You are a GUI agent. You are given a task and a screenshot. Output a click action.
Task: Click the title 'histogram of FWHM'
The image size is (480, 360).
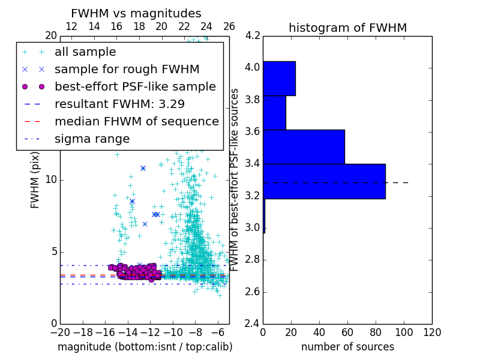coord(347,28)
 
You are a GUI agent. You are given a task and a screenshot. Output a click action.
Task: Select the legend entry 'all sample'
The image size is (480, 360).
coord(85,52)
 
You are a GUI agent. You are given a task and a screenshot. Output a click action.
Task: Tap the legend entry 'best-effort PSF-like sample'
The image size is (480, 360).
coord(135,86)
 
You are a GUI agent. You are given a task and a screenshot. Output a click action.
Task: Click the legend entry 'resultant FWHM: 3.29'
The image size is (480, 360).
coord(119,104)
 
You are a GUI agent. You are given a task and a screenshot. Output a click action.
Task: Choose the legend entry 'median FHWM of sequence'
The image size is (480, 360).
coord(136,121)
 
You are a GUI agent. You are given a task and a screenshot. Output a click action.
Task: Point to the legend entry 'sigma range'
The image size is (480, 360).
coord(92,139)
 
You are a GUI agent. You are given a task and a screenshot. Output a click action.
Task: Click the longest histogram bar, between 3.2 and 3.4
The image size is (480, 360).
coord(324,181)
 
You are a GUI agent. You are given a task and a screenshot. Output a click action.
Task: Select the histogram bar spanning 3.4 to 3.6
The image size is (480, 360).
coord(304,147)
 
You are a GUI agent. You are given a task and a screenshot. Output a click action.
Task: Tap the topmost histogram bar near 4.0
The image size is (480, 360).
coord(279,79)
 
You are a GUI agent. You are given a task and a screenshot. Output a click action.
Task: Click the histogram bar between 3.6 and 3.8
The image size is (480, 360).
coord(274,113)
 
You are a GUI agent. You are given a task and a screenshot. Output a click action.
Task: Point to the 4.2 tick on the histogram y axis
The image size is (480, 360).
coord(253,35)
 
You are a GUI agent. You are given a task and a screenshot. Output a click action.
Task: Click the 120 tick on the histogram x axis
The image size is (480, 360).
coord(431,332)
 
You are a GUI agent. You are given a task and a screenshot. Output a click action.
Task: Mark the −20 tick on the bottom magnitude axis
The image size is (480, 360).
coord(60,332)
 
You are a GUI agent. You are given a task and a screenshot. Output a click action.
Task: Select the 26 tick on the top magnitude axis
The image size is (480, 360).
coord(229,26)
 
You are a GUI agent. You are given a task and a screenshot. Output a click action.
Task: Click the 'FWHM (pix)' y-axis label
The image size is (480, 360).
coord(35,179)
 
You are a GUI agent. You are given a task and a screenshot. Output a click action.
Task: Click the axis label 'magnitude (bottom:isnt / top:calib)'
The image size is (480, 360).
coord(145,347)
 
